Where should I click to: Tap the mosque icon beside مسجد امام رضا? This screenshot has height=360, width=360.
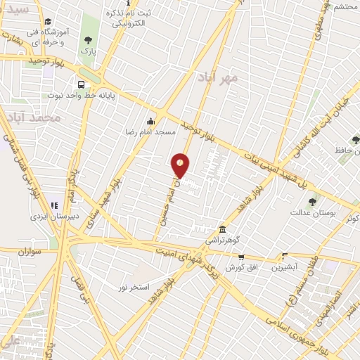(150, 121)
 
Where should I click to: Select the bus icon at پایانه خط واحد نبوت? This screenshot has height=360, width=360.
(82, 82)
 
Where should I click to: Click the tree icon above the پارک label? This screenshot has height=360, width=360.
(87, 40)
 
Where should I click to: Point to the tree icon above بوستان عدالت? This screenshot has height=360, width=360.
(312, 202)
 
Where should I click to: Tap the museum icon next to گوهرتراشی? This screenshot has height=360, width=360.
(222, 230)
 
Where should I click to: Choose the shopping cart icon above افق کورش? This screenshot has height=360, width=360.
(241, 257)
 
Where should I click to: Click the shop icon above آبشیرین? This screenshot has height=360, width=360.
(285, 257)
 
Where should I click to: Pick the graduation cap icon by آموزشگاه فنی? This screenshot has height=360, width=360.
(47, 22)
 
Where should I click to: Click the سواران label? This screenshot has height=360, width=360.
(31, 250)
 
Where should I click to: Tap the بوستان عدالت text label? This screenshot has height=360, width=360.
(311, 212)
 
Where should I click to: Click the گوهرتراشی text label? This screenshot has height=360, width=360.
(222, 240)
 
